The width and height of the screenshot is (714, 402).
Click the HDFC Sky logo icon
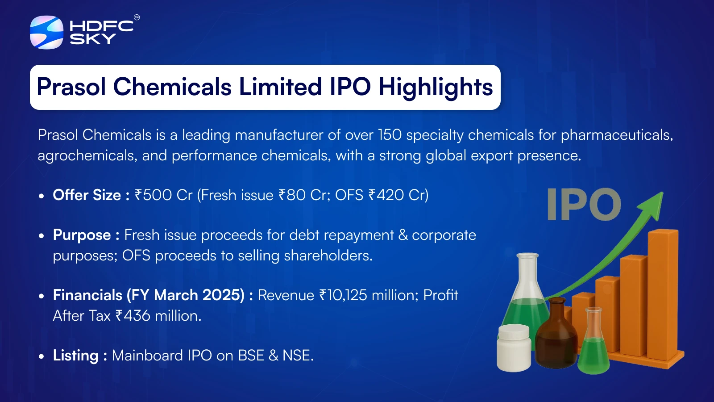click(x=46, y=32)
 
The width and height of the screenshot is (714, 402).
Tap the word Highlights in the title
click(x=436, y=88)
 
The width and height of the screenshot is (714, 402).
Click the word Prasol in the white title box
click(x=71, y=87)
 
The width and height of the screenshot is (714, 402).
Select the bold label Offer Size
click(x=87, y=195)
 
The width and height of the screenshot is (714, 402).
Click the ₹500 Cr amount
click(x=163, y=195)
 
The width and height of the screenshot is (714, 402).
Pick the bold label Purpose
click(x=82, y=235)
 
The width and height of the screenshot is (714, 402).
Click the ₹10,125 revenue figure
click(x=343, y=295)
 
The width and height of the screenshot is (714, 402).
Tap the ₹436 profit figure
click(x=133, y=316)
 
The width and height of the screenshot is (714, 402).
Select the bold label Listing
click(x=75, y=356)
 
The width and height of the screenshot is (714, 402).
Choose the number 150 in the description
click(x=390, y=135)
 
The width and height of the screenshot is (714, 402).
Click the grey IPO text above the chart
click(x=584, y=204)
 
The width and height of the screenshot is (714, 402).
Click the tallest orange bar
click(x=664, y=295)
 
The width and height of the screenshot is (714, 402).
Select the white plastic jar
click(x=514, y=348)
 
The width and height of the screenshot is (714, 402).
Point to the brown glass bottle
click(x=556, y=333)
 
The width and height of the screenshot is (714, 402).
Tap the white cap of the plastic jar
click(x=514, y=332)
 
